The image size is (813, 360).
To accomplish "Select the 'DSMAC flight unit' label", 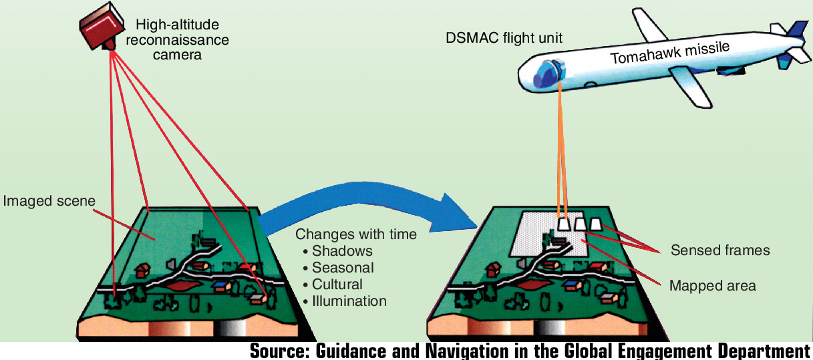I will pyautogui.click(x=504, y=38).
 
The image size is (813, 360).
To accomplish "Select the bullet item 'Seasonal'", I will pyautogui.click(x=343, y=268).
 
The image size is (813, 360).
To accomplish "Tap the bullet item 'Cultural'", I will pyautogui.click(x=337, y=285).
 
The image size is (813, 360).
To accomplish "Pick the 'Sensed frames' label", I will pyautogui.click(x=720, y=250).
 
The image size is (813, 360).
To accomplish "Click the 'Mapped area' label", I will pyautogui.click(x=712, y=286).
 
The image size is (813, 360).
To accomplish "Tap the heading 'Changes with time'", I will pyautogui.click(x=355, y=234).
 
